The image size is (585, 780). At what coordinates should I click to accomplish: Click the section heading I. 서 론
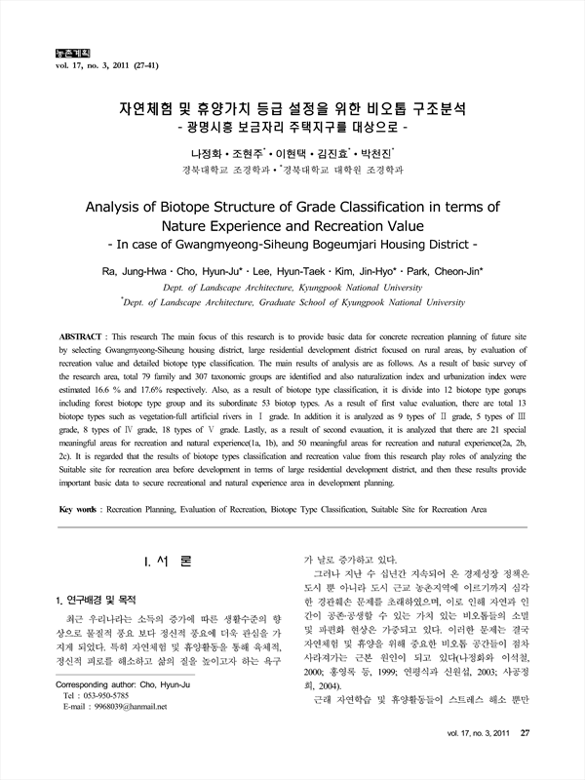point(167,563)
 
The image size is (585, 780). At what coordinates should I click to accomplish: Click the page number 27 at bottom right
point(524,760)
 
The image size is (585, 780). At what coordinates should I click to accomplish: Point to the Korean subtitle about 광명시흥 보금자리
point(292,128)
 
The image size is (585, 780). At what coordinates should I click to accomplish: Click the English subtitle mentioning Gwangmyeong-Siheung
point(292,245)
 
